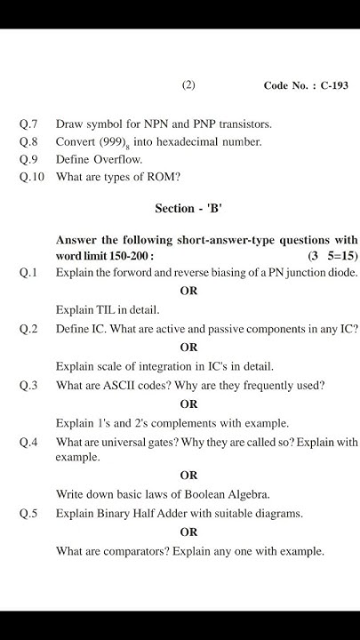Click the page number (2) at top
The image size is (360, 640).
(188, 85)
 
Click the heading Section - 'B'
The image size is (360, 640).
(188, 209)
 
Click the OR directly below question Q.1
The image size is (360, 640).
(188, 291)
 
